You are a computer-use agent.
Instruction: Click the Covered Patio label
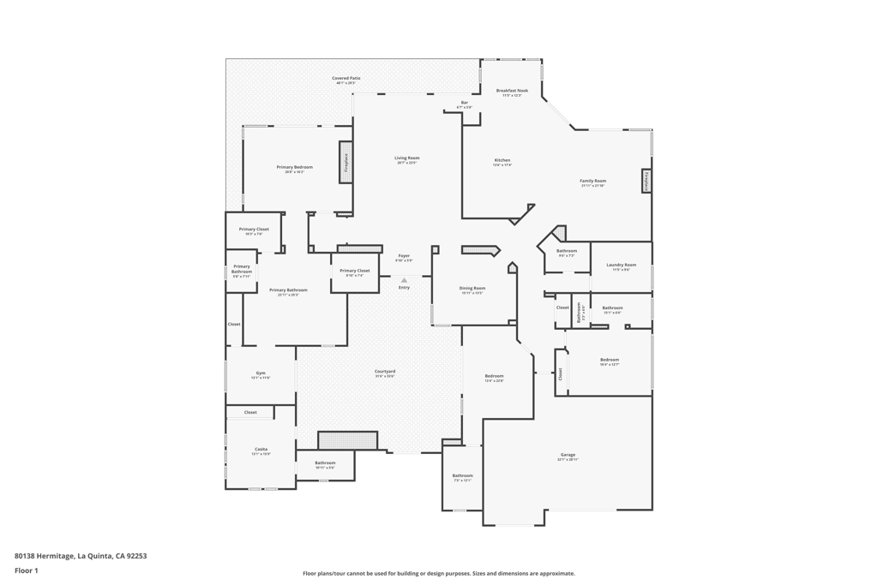click(346, 78)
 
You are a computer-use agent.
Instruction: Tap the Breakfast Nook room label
click(512, 91)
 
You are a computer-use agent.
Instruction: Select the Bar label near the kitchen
click(464, 103)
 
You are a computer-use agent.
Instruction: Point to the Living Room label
click(406, 158)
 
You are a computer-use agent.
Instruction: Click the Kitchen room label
click(502, 161)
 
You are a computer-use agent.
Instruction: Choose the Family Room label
click(592, 182)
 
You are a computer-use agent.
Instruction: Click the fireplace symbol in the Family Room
click(646, 182)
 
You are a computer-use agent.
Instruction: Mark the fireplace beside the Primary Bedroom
click(346, 162)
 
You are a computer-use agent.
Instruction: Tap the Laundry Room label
click(621, 266)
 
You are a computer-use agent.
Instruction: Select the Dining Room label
click(472, 289)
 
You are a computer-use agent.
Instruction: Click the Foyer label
click(403, 256)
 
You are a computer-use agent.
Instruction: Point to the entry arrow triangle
click(404, 280)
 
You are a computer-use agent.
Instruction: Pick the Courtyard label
click(384, 372)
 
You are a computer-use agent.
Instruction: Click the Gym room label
click(260, 373)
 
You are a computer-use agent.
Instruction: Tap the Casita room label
click(260, 450)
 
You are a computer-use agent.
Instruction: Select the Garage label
click(568, 456)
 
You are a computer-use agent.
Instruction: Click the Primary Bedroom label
click(294, 168)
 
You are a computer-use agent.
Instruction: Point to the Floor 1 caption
click(27, 570)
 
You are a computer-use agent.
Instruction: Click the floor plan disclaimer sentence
click(438, 574)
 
